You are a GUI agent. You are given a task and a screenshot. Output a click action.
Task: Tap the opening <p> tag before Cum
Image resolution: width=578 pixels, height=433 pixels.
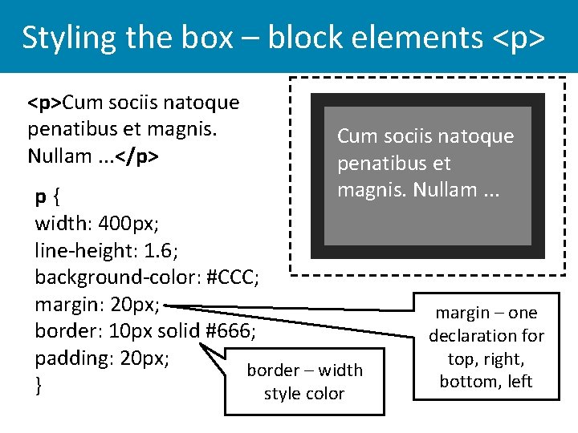click(45, 103)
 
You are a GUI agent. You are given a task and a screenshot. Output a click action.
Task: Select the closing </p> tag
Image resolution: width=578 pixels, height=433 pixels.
click(137, 156)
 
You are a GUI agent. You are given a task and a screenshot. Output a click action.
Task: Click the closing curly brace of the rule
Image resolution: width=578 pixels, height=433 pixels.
click(39, 386)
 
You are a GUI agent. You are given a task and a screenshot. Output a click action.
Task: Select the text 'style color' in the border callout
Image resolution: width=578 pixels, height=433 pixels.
click(303, 394)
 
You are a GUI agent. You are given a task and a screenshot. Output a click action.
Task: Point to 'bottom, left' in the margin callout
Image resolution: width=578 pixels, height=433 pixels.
click(486, 382)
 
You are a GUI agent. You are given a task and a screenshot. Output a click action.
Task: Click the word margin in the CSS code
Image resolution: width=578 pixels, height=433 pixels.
click(67, 305)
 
